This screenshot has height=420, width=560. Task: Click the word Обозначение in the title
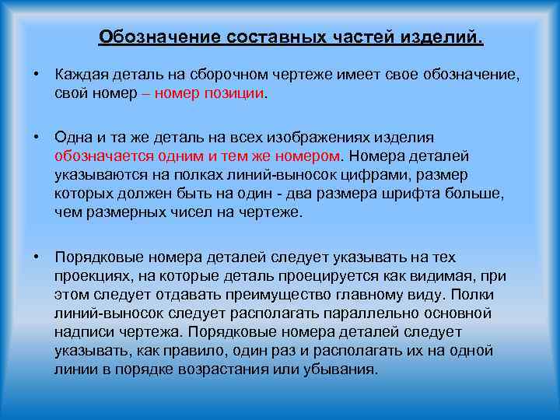tap(159, 37)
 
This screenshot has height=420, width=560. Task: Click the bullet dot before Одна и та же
tap(37, 137)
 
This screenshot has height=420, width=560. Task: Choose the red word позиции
tap(234, 93)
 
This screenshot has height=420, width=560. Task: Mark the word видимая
tap(440, 276)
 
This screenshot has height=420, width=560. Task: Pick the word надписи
tap(79, 331)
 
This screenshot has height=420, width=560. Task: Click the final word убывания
tap(343, 369)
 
